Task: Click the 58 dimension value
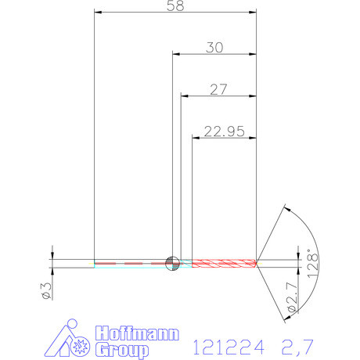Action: click(175, 6)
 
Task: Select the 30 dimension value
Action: click(214, 47)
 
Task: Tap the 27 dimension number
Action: click(218, 89)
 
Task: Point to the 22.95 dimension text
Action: click(224, 131)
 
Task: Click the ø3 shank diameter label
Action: click(47, 290)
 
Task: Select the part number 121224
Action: click(226, 344)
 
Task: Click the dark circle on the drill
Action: click(172, 262)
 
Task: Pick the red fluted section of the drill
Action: click(224, 262)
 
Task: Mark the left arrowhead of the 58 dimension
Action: click(97, 13)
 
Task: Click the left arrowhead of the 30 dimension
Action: click(175, 54)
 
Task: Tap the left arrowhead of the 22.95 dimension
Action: click(196, 138)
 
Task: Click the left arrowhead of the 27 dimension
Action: click(185, 96)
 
